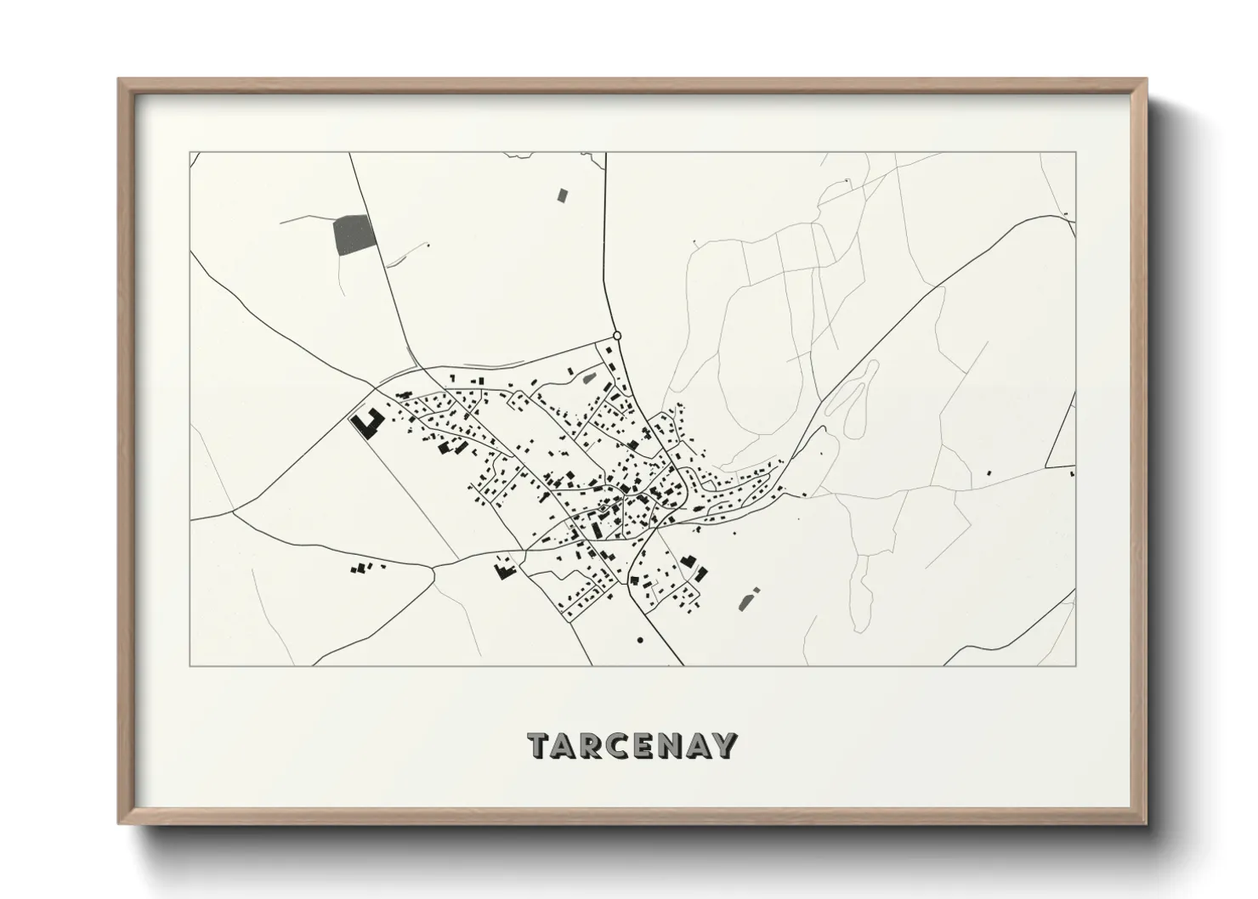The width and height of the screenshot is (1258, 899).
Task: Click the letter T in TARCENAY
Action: (541, 745)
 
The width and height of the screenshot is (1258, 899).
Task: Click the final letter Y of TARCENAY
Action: (724, 745)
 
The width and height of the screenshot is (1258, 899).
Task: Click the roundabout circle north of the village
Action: (617, 336)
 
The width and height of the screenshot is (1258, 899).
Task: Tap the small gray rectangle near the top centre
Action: (562, 195)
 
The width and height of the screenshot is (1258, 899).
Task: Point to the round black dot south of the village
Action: (640, 639)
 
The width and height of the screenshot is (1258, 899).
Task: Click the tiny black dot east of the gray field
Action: (428, 246)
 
